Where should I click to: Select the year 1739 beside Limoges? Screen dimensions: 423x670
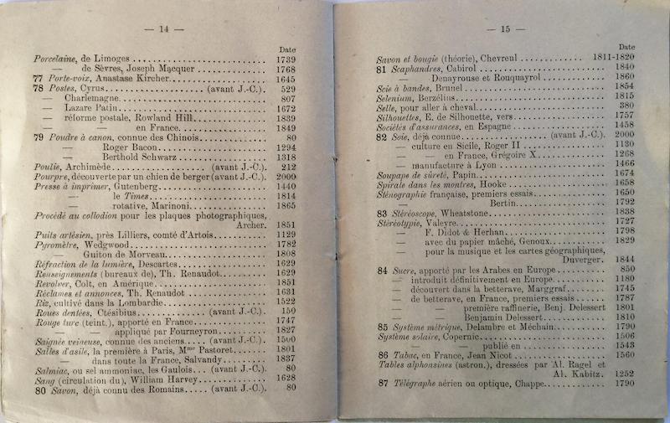click(x=287, y=60)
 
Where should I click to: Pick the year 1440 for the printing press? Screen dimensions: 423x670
click(x=287, y=187)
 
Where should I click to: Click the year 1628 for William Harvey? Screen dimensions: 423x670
click(x=287, y=378)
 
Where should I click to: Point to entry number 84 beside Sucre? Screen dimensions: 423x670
click(x=383, y=271)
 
